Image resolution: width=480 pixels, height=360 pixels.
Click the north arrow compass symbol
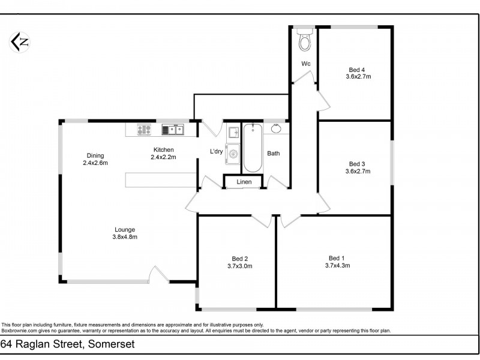(20, 42)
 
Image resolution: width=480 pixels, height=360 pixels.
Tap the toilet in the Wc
(305, 41)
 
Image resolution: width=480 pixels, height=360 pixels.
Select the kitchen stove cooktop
(144, 128)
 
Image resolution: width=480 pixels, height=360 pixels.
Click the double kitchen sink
(172, 128)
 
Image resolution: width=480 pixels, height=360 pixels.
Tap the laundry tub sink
(233, 132)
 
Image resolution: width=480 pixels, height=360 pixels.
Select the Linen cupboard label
(243, 182)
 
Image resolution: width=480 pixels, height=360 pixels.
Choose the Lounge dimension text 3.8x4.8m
(125, 236)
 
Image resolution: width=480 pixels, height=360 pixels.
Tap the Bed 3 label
(358, 164)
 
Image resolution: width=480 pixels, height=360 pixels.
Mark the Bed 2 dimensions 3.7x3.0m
(239, 266)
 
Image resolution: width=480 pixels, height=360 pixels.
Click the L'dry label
(216, 152)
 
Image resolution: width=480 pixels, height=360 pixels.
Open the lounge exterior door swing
(158, 274)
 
